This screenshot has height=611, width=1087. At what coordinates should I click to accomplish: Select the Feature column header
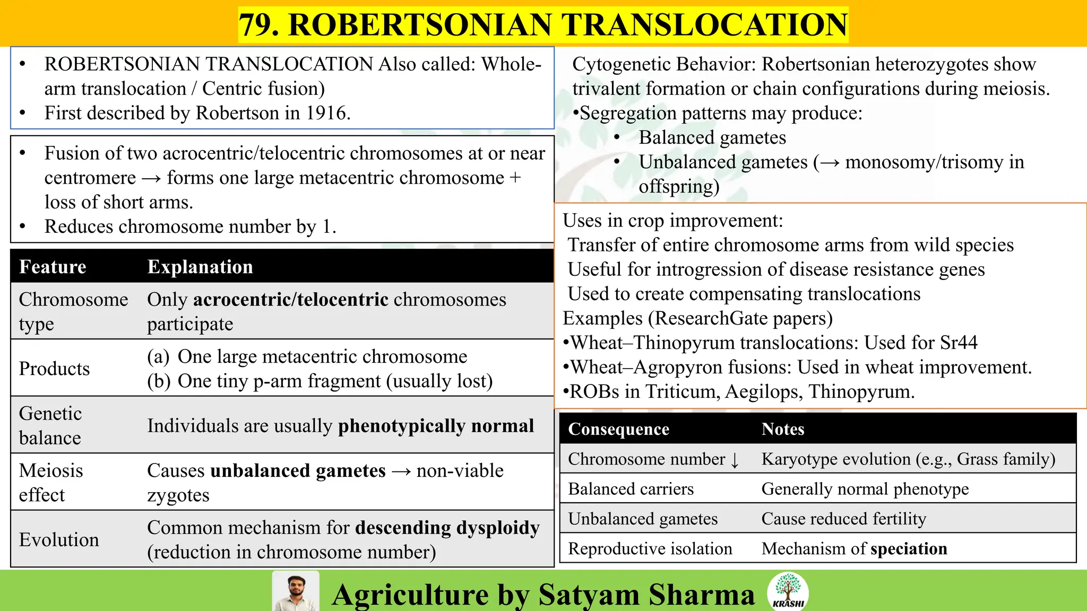click(x=53, y=267)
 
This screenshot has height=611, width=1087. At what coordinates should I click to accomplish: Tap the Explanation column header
click(x=200, y=267)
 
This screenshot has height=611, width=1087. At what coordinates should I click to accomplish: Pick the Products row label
click(x=54, y=369)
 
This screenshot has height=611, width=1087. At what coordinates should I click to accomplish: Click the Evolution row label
click(x=59, y=539)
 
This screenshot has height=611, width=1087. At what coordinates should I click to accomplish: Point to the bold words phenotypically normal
click(x=436, y=426)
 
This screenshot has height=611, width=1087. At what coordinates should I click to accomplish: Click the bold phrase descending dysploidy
click(x=447, y=528)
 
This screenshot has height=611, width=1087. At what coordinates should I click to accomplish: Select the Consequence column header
click(x=618, y=429)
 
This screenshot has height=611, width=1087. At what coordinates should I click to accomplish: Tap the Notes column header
click(x=783, y=429)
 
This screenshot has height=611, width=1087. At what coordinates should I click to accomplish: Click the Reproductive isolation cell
click(x=650, y=548)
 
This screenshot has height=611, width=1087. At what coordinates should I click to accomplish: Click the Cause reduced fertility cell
click(x=843, y=519)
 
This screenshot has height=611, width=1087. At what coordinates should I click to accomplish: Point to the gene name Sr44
click(x=958, y=343)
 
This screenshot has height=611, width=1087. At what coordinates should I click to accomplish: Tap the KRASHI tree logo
click(x=788, y=590)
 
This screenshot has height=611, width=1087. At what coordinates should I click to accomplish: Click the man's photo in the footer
click(x=296, y=591)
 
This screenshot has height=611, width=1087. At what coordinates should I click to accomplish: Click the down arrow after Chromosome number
click(x=735, y=460)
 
